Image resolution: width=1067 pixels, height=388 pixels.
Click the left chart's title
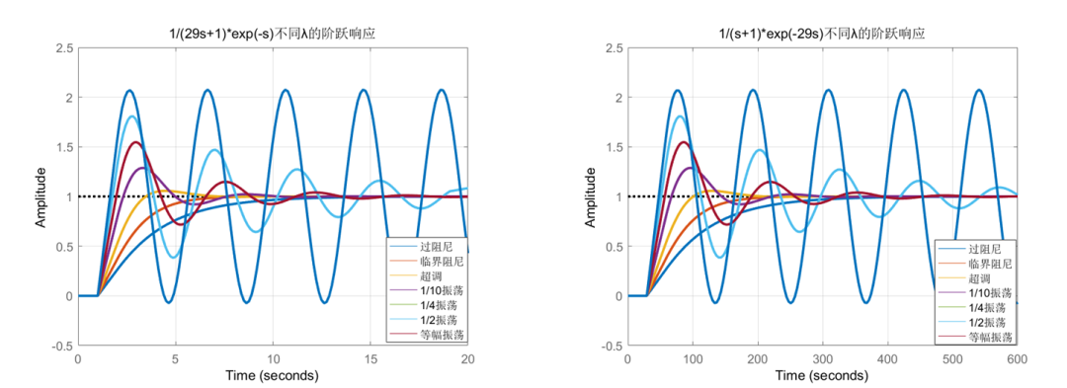(273, 34)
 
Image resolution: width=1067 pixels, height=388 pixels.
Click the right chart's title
(822, 34)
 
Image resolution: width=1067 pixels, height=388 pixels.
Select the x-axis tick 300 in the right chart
(822, 361)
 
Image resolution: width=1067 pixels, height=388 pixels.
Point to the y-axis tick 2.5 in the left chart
(63, 47)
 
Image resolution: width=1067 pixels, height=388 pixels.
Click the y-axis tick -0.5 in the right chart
(611, 346)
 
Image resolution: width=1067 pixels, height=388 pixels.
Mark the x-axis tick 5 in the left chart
(176, 361)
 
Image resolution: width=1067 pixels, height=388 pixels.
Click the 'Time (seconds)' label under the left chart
(273, 376)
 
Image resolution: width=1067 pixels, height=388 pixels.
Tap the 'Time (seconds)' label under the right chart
(822, 376)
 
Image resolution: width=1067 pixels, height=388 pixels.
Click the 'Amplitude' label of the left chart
(41, 196)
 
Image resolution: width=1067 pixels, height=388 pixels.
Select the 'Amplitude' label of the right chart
(591, 196)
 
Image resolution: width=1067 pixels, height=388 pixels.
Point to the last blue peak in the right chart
(979, 91)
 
